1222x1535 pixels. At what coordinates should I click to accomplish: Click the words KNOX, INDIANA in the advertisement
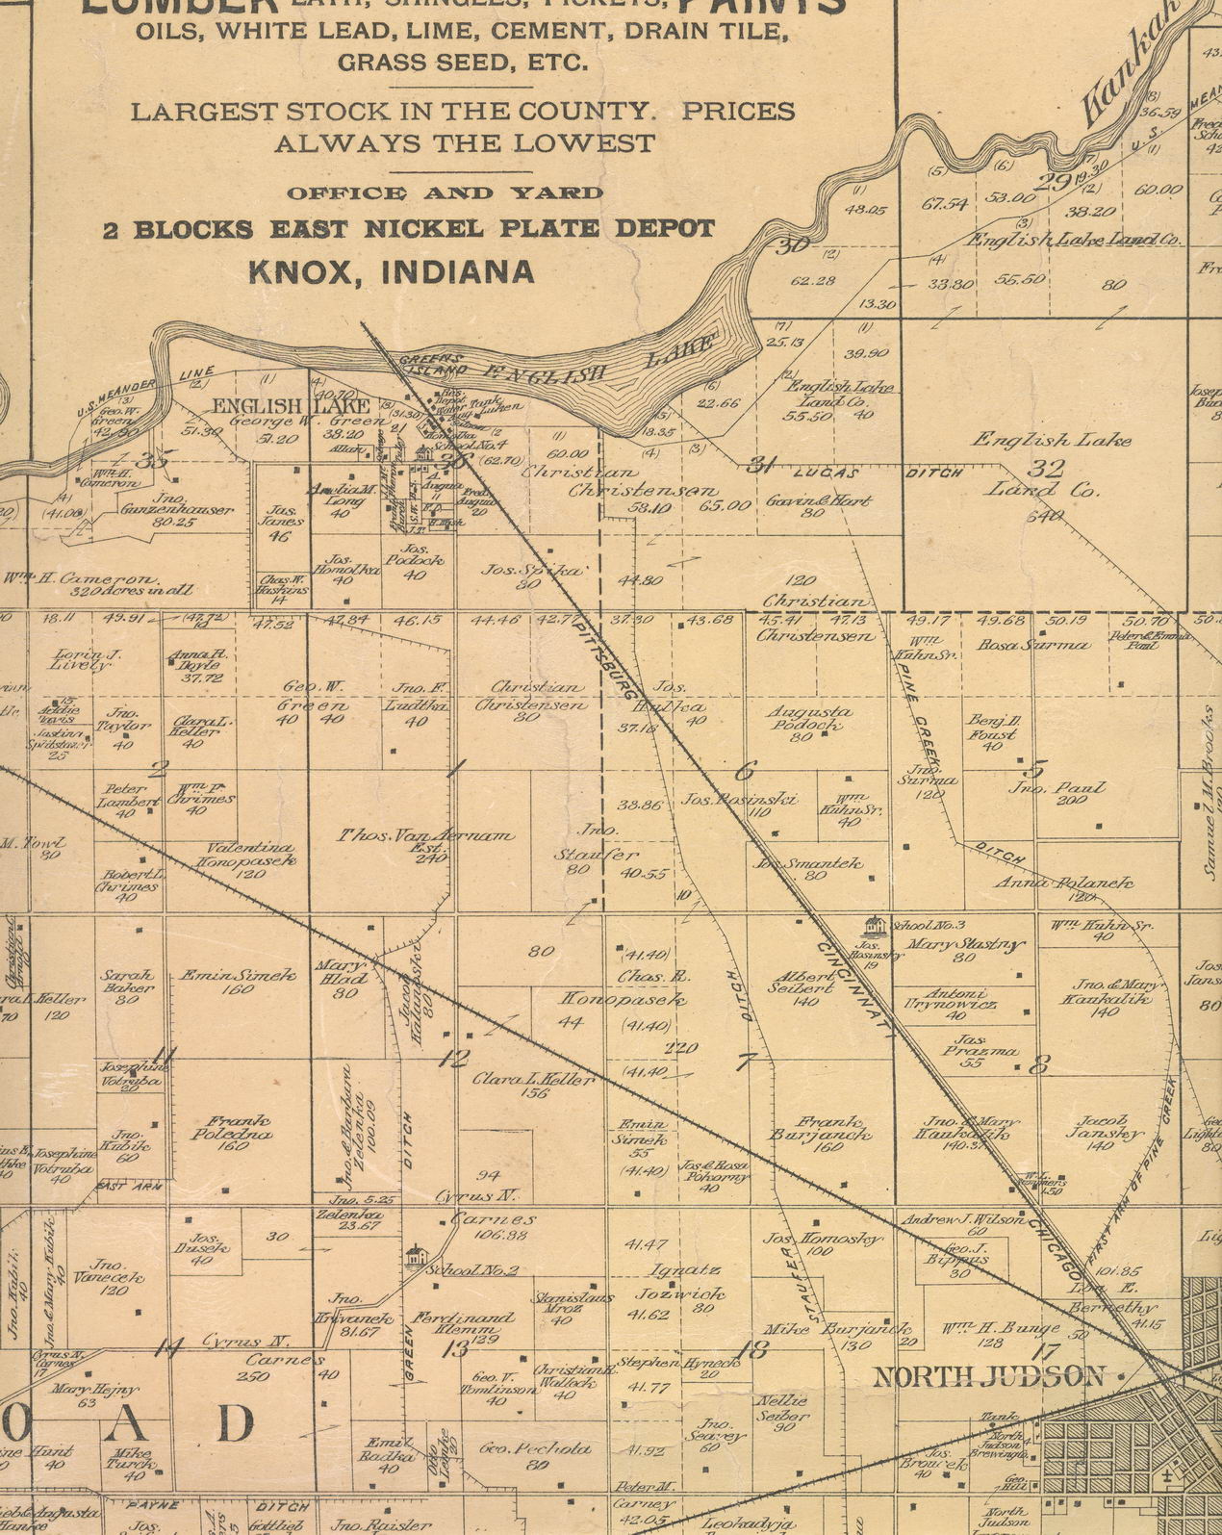(x=391, y=271)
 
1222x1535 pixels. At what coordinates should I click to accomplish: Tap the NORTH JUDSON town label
(x=988, y=1376)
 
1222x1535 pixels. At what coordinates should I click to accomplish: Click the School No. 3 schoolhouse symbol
(x=873, y=926)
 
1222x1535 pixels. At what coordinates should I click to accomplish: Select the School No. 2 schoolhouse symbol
(x=415, y=1256)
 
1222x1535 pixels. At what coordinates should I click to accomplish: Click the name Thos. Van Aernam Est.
(x=424, y=837)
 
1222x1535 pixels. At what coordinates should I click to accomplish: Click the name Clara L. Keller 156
(x=533, y=1084)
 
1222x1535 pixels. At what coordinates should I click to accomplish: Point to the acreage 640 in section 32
(x=1045, y=516)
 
